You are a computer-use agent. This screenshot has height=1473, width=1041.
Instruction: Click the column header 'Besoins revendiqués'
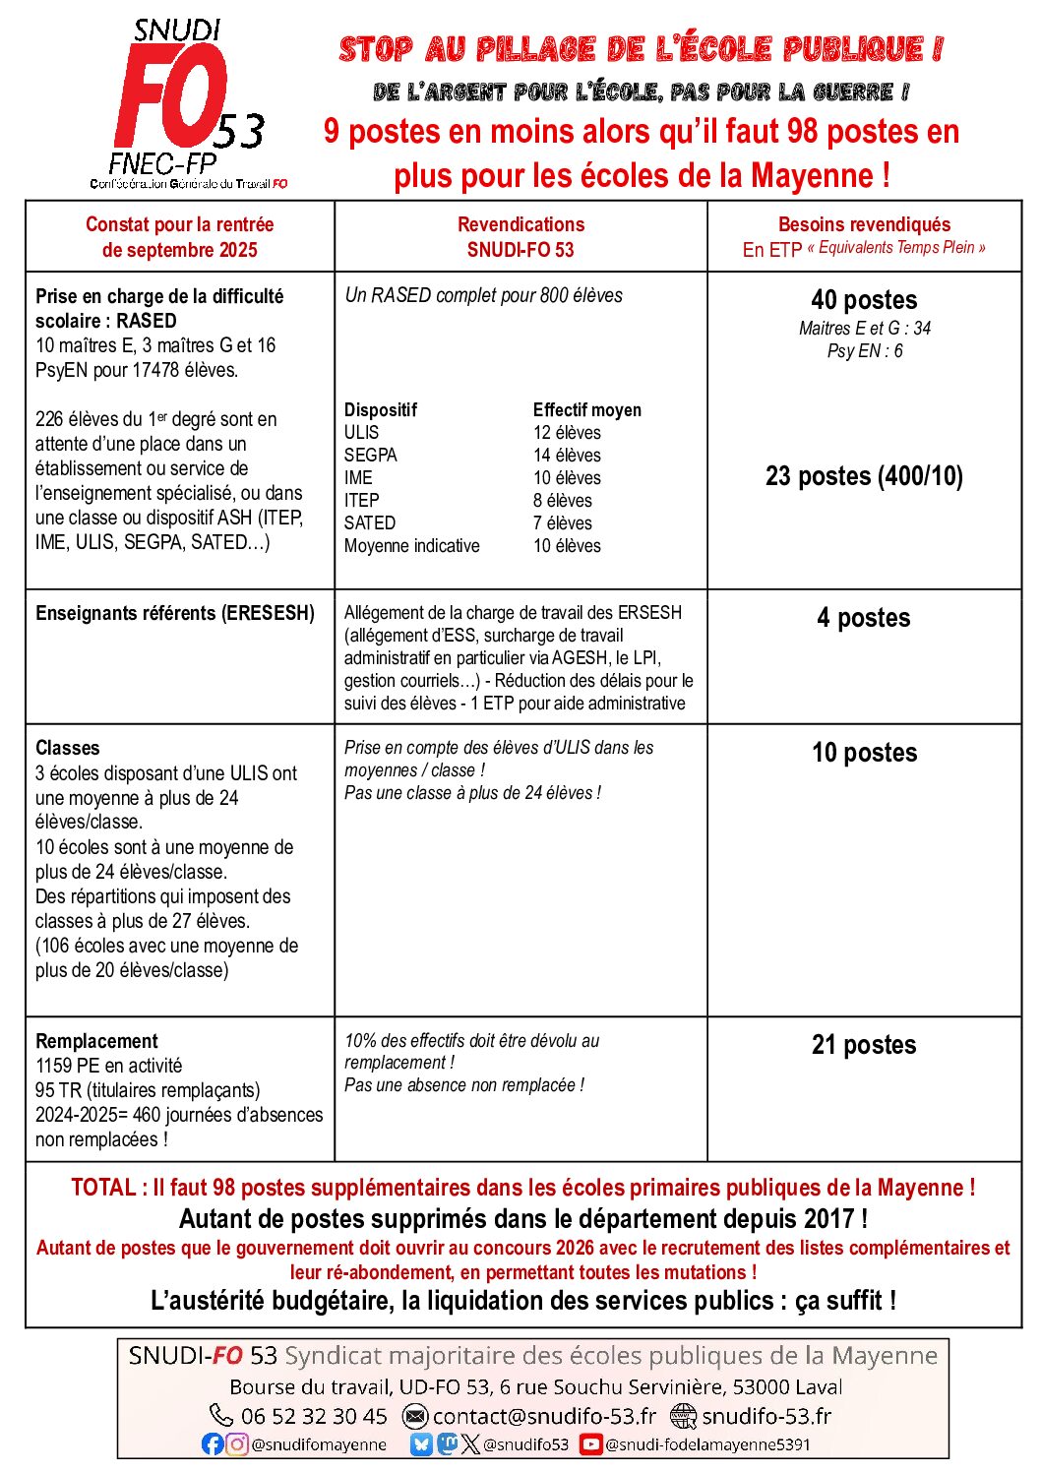[x=864, y=224]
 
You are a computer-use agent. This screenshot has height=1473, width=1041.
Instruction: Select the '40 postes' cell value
[x=864, y=300]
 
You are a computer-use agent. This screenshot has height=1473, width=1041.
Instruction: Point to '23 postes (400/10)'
[x=864, y=476]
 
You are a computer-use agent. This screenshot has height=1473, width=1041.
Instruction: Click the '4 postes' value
[x=863, y=618]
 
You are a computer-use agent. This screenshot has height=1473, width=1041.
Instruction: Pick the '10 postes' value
[x=864, y=753]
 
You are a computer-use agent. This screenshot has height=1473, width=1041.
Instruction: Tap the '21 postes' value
[x=863, y=1045]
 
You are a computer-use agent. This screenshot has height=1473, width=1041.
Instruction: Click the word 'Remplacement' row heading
[x=96, y=1041]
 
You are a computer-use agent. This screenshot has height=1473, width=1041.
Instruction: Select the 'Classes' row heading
[x=67, y=748]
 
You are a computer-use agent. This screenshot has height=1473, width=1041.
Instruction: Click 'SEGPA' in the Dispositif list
[x=370, y=456]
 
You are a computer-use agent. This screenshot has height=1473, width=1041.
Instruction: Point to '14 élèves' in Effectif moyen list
[x=567, y=456]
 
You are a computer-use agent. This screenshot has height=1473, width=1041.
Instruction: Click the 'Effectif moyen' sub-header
[x=586, y=410]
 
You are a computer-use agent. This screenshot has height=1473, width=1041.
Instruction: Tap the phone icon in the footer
[x=221, y=1415]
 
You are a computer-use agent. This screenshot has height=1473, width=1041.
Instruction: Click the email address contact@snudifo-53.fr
[x=544, y=1416]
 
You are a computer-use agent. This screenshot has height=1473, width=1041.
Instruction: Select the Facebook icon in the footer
[x=212, y=1443]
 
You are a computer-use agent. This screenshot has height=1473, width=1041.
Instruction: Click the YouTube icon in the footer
[x=590, y=1444]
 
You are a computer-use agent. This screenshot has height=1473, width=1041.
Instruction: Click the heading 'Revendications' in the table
[x=520, y=224]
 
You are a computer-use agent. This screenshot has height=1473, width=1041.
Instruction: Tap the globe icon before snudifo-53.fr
[x=683, y=1416]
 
